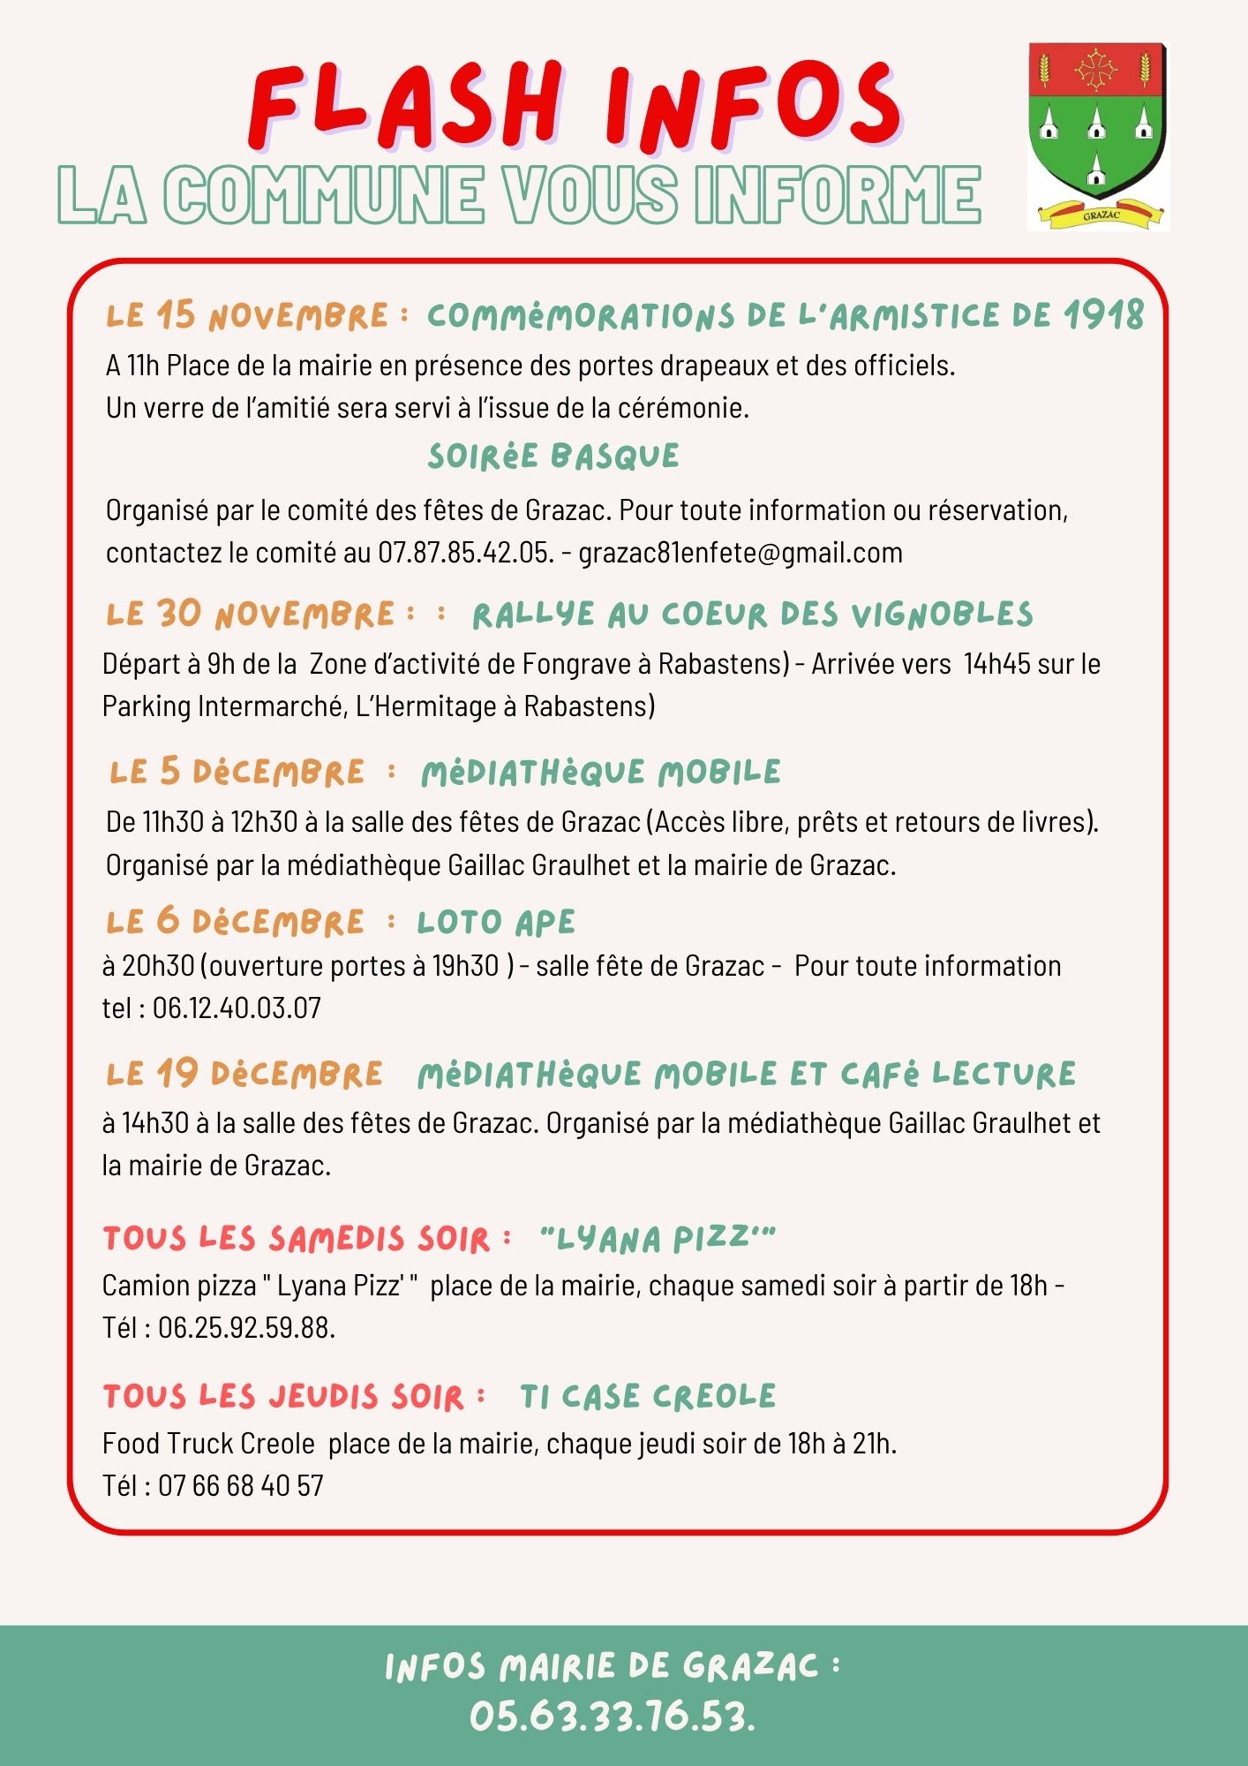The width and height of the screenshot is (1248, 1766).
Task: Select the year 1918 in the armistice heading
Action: pyautogui.click(x=1102, y=315)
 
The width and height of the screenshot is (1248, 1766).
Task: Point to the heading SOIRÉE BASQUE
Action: pyautogui.click(x=553, y=457)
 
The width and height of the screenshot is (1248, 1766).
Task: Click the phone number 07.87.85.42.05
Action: pyautogui.click(x=465, y=553)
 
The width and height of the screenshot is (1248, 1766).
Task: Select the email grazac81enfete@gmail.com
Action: pyautogui.click(x=741, y=553)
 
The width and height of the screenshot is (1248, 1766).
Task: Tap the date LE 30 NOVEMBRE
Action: pyautogui.click(x=251, y=614)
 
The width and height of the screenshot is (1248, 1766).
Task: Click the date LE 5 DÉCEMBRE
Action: pyautogui.click(x=237, y=772)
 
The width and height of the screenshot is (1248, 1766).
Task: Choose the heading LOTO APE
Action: pyautogui.click(x=496, y=922)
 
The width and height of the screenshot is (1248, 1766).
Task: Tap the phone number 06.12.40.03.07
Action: pyautogui.click(x=237, y=1008)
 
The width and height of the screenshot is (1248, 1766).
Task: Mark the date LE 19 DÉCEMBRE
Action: pyautogui.click(x=244, y=1074)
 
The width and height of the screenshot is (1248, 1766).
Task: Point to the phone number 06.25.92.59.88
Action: pyautogui.click(x=246, y=1328)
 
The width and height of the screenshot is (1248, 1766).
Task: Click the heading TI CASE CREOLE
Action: pyautogui.click(x=648, y=1396)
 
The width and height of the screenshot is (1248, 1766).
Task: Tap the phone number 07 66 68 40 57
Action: pyautogui.click(x=240, y=1486)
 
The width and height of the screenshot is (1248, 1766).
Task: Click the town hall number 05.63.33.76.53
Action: pyautogui.click(x=612, y=1717)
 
